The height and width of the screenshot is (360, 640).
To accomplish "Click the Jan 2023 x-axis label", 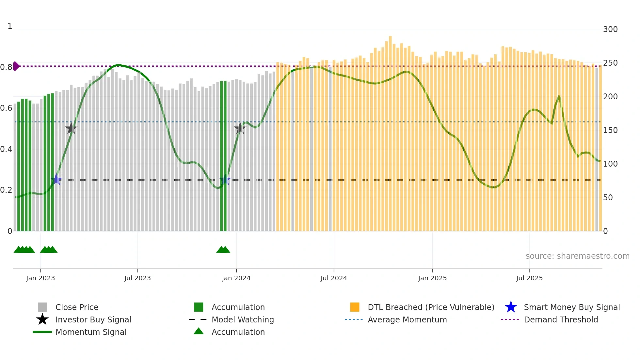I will [40, 278].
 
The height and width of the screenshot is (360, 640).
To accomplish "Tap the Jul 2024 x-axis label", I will [333, 278].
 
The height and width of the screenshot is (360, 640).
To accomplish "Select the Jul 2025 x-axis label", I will [529, 278].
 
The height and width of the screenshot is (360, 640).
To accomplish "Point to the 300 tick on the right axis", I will [610, 29].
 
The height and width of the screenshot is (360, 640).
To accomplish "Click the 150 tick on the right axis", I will [610, 130].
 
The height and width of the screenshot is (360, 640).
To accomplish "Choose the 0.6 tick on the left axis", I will [6, 108].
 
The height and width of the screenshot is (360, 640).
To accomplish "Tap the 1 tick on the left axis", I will [10, 26].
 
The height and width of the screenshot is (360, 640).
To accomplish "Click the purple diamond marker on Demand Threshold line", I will [16, 66].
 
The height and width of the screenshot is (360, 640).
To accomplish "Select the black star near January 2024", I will [240, 128].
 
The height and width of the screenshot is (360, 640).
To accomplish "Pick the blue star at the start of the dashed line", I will [56, 179].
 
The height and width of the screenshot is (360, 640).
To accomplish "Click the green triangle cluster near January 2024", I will [223, 250].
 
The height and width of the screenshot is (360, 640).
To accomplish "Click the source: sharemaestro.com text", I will [577, 256].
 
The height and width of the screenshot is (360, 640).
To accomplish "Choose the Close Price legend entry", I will [76, 307].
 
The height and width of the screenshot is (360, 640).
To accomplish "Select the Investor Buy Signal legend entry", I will [93, 319].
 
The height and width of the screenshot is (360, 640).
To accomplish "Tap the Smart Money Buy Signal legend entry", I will [571, 307].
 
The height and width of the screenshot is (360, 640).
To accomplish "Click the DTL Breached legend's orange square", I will [355, 307].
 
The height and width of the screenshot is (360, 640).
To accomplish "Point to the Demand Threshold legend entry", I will [561, 319].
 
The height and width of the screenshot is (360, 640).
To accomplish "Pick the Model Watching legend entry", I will [242, 319].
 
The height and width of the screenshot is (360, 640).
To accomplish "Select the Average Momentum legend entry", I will [407, 319].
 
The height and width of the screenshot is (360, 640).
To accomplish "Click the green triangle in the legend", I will [199, 331].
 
